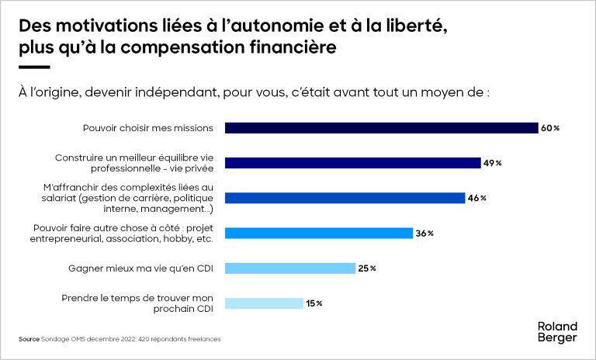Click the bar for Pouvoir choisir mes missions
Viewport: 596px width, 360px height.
[381, 128]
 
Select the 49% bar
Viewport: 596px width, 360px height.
[353, 163]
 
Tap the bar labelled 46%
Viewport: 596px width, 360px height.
[345, 198]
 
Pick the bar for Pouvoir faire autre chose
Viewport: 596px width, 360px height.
[318, 233]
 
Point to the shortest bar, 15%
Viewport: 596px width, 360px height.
[264, 303]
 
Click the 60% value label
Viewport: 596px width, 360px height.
[550, 128]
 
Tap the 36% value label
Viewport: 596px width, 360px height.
[424, 233]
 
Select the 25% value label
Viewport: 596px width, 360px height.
[367, 268]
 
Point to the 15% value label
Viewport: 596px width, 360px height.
[314, 303]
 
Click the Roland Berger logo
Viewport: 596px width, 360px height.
[557, 331]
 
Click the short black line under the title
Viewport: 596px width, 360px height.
[33, 67]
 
